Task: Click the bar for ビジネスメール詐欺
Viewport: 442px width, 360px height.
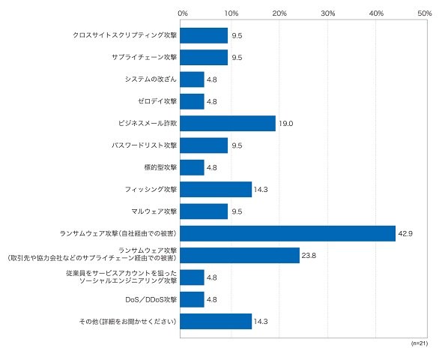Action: click(x=228, y=123)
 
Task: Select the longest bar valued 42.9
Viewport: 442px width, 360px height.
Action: click(x=288, y=233)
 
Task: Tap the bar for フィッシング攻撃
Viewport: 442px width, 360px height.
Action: click(x=216, y=189)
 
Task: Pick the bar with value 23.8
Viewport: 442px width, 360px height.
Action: click(x=240, y=255)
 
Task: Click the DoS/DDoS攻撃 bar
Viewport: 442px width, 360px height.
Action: click(x=192, y=299)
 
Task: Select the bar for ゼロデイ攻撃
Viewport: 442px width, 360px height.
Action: click(x=192, y=101)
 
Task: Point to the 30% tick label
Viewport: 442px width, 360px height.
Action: click(x=328, y=13)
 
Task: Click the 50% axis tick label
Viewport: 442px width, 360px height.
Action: click(x=425, y=13)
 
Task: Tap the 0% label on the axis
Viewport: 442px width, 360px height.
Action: click(x=183, y=13)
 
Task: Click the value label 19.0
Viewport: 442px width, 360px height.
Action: click(x=286, y=124)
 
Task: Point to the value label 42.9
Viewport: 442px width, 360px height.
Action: click(x=405, y=233)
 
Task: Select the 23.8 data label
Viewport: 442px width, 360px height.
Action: click(x=309, y=255)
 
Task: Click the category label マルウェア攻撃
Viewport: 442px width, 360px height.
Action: click(x=154, y=211)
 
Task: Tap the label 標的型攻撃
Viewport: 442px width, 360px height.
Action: click(x=160, y=167)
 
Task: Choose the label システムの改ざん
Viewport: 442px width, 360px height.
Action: click(x=151, y=79)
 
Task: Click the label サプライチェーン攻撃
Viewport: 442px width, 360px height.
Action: click(x=145, y=57)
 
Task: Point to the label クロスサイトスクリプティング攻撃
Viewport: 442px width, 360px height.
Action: click(x=125, y=35)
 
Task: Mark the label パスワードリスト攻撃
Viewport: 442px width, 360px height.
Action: click(x=145, y=145)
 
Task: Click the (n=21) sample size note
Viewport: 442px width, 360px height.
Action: click(x=420, y=343)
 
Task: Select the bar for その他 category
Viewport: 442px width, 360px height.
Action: click(x=216, y=321)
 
